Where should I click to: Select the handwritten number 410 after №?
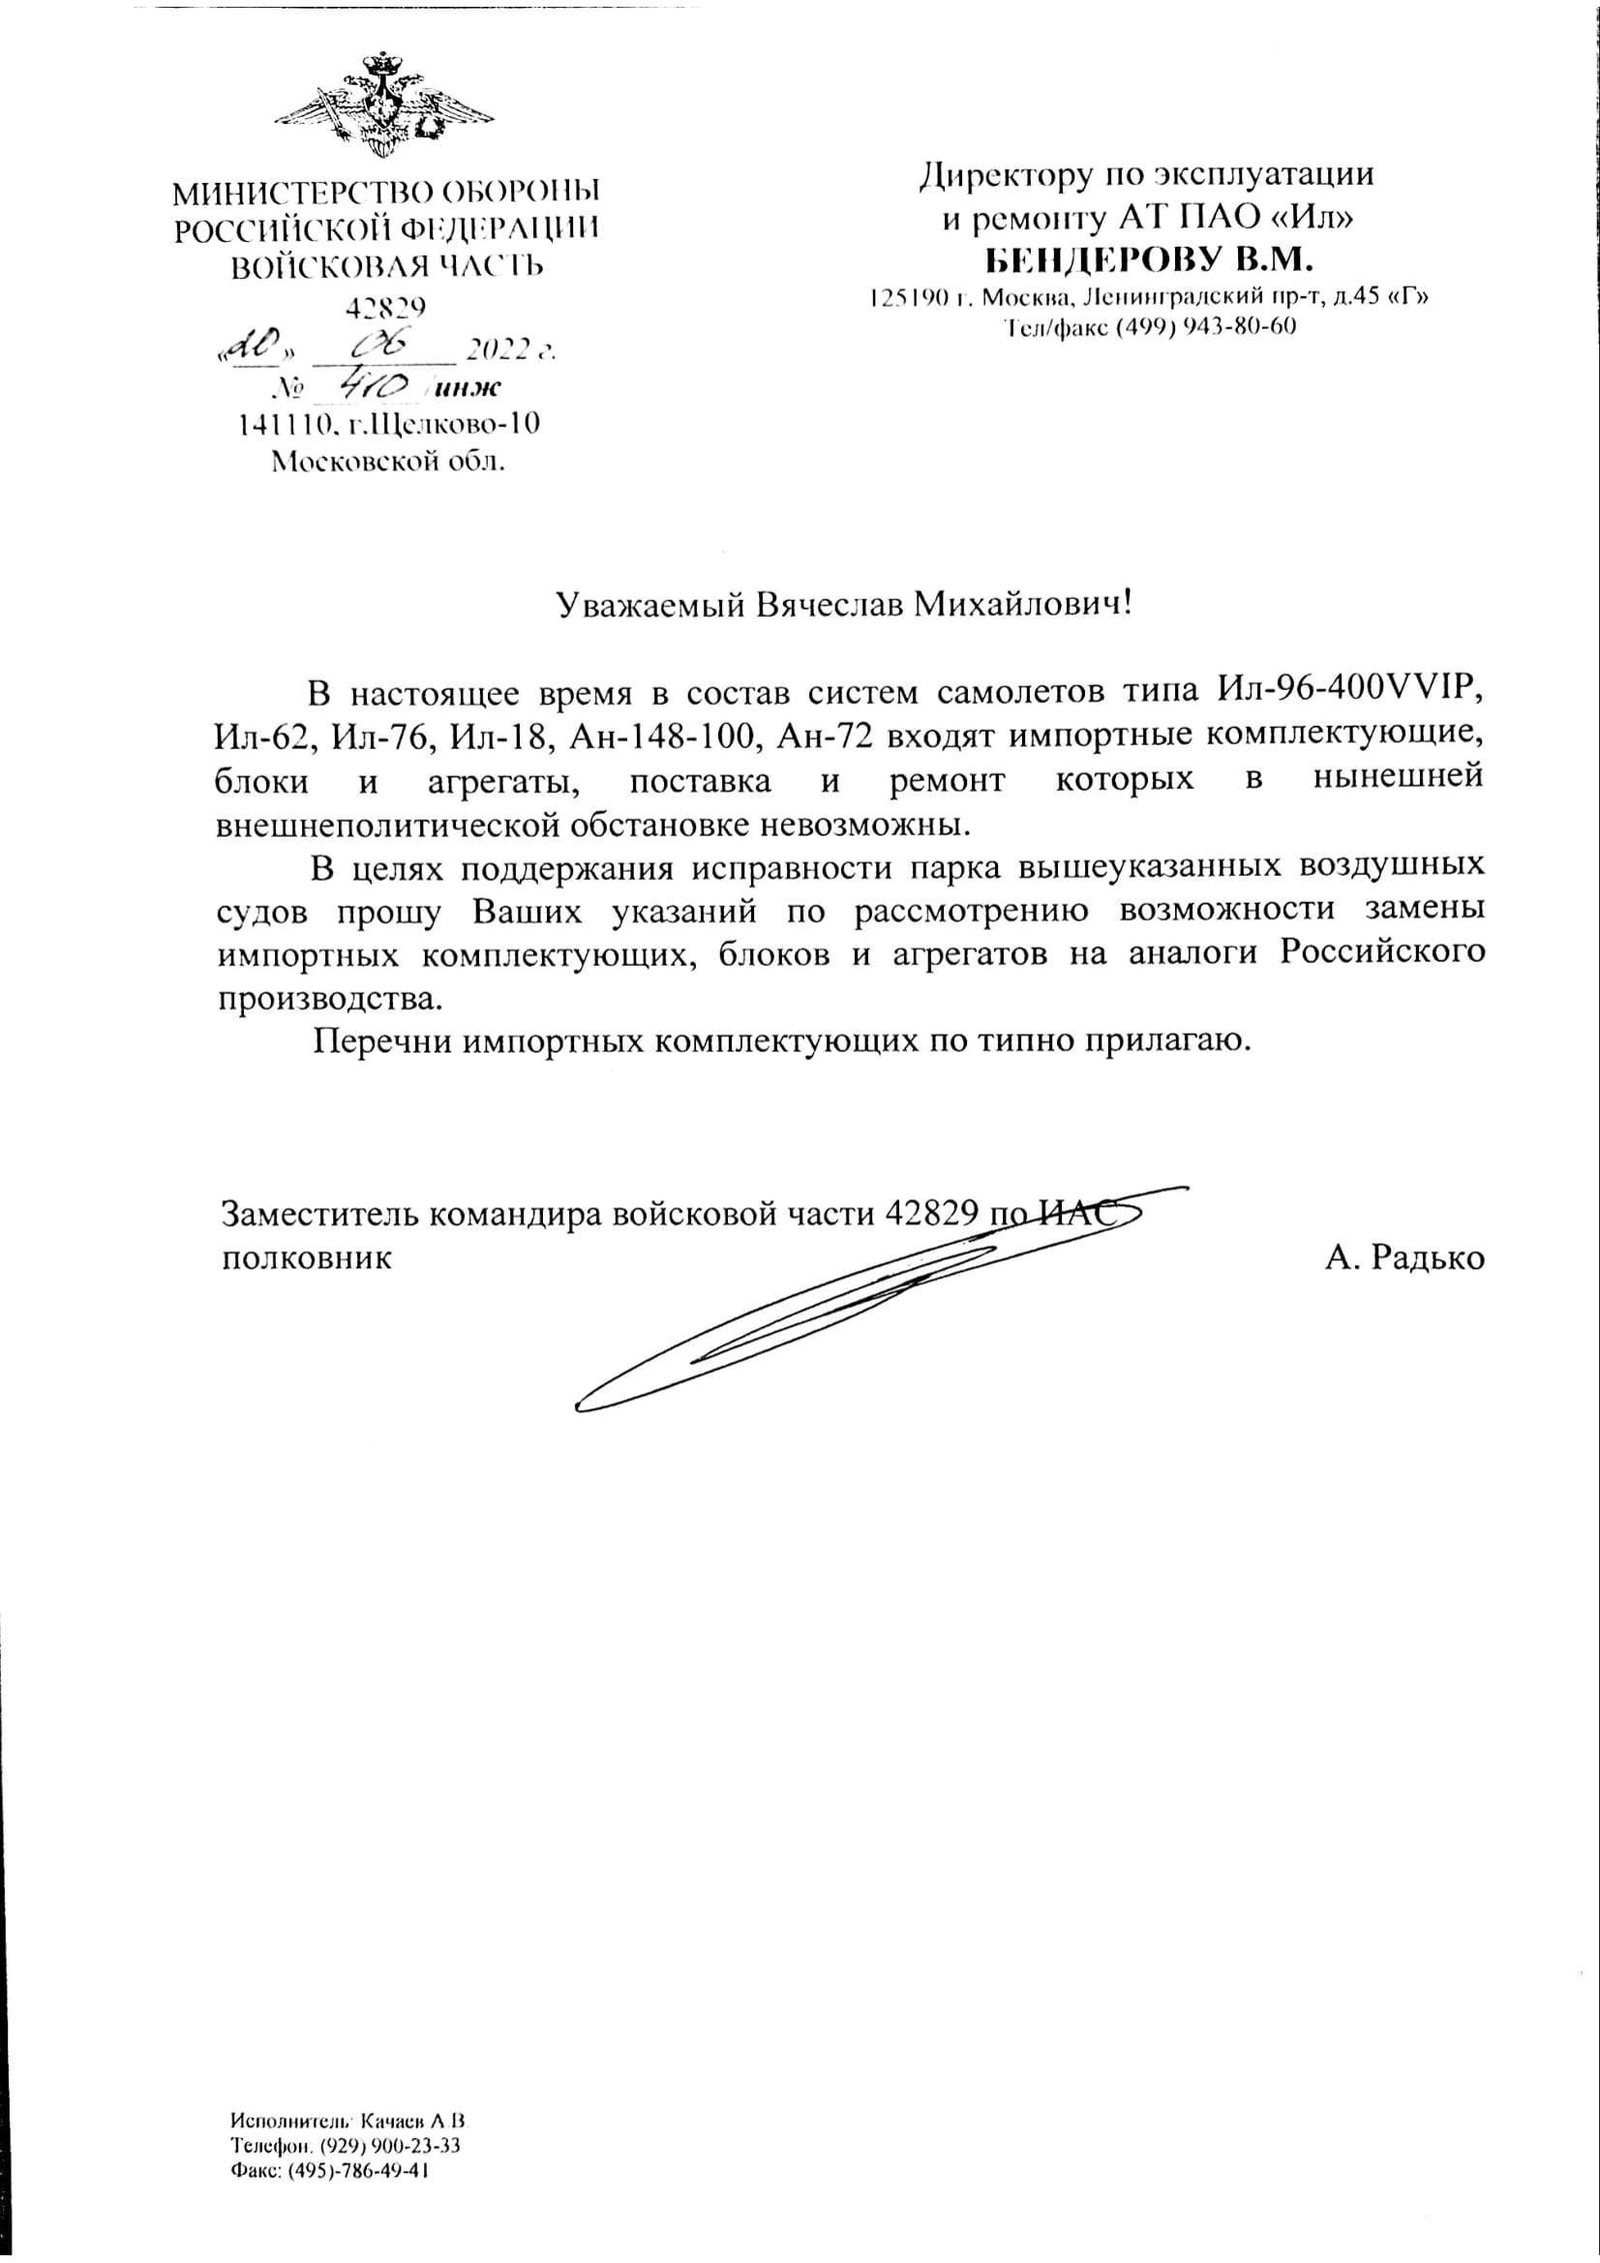(372, 385)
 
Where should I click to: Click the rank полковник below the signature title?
(305, 1257)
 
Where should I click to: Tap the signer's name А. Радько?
(1405, 1257)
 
